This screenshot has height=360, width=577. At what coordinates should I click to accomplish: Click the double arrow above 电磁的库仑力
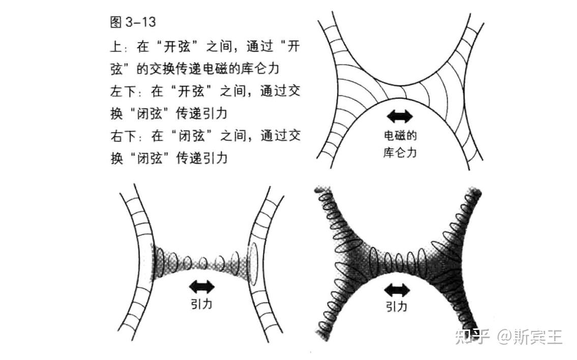(x=400, y=116)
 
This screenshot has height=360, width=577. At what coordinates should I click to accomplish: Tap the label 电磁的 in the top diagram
(x=400, y=136)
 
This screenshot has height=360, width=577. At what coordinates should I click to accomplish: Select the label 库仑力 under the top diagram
(x=400, y=152)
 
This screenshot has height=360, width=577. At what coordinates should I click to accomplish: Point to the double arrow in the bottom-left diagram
(x=202, y=286)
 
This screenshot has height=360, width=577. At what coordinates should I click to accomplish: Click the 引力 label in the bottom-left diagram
(x=202, y=304)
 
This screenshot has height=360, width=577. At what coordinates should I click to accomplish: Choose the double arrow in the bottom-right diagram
(x=397, y=290)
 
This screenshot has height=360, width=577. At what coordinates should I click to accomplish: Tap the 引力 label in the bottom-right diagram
(x=397, y=307)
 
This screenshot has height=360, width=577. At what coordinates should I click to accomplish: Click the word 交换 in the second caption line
(x=176, y=70)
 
